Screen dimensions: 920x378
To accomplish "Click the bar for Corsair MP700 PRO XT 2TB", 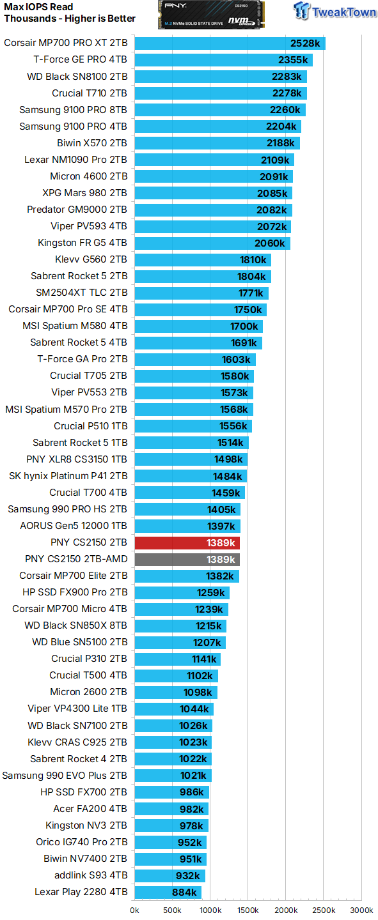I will tap(230, 43).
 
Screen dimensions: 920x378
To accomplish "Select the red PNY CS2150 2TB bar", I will tap(187, 542).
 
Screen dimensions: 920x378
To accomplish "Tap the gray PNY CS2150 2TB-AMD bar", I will tap(187, 559).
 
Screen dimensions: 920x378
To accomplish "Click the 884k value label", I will tap(184, 892).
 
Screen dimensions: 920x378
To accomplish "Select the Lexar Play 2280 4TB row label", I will tap(81, 892).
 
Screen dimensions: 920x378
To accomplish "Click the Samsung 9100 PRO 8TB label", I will tap(73, 110).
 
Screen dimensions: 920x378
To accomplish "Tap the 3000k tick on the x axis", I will tap(361, 910).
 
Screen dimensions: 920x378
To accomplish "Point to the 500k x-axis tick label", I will tap(173, 910).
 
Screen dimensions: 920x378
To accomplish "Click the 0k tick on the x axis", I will tap(135, 910).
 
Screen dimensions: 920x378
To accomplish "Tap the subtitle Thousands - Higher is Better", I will tap(70, 19).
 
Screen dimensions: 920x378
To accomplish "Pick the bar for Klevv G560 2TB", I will tap(202, 259).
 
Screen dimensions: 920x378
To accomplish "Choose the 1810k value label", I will tap(252, 259).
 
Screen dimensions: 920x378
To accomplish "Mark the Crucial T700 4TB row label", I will tap(88, 493).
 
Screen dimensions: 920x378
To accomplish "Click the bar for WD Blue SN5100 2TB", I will tap(180, 642).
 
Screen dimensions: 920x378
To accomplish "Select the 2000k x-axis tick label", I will tap(286, 910).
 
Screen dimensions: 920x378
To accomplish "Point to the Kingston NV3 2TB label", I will tap(86, 825).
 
